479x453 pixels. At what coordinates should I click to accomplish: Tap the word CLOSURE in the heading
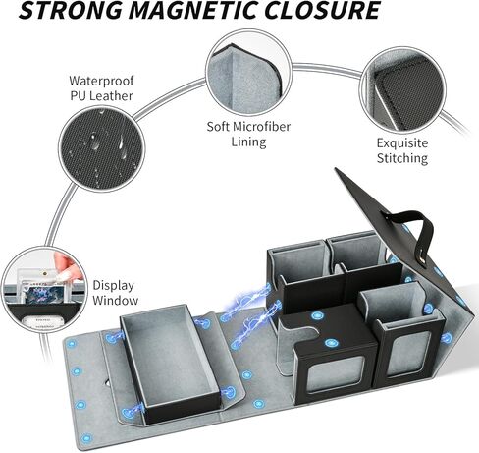click(322, 10)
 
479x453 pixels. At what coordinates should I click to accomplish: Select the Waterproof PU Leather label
click(101, 88)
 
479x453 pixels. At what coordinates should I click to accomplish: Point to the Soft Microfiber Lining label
click(248, 134)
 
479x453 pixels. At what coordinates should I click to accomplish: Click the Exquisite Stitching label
click(402, 150)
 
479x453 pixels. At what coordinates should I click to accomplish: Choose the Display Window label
click(115, 293)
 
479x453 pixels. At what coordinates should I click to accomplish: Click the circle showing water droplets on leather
click(101, 148)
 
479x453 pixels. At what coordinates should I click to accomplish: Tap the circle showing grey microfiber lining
click(248, 72)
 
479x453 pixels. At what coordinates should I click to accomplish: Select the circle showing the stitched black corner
click(402, 89)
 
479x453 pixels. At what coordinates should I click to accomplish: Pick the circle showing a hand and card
click(44, 290)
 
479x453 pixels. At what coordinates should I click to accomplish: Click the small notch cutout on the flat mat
click(106, 382)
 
